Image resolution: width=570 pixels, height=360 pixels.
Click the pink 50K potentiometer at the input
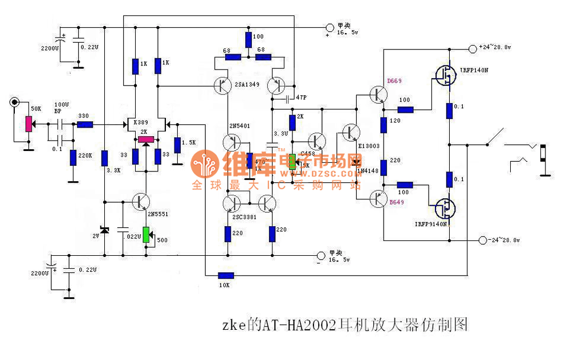[27, 123]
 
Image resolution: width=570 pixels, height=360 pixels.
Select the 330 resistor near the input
[85, 124]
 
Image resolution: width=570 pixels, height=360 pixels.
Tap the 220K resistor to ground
[73, 157]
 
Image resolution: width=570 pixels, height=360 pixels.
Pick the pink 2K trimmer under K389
[146, 140]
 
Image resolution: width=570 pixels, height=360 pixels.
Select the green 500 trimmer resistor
[146, 234]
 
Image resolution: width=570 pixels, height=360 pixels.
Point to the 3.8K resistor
[104, 157]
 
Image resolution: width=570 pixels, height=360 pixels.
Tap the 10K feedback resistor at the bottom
[225, 275]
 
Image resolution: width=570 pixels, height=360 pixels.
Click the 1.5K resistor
[178, 145]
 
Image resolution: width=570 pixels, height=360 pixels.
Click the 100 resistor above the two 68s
[249, 39]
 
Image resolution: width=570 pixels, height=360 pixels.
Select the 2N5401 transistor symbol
[233, 141]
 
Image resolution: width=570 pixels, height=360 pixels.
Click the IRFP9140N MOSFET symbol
[445, 208]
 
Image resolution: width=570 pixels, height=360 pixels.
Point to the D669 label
[394, 81]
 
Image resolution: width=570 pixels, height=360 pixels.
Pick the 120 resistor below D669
[384, 123]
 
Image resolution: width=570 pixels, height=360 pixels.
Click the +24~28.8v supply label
[494, 47]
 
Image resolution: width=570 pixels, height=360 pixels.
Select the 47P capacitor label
[300, 97]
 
